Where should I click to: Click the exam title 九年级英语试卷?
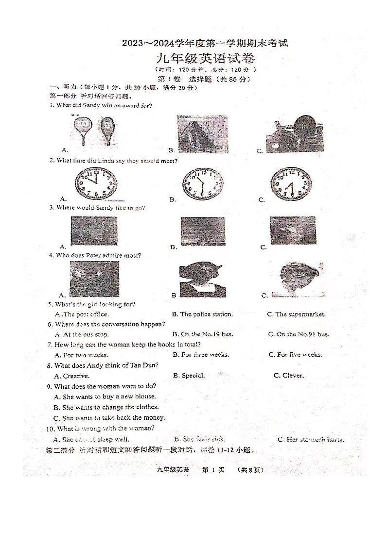[205, 60]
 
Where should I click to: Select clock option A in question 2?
[96, 183]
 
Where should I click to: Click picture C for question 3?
[293, 231]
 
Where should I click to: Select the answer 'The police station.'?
[206, 314]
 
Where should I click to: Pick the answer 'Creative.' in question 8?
[76, 376]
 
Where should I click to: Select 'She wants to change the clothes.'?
[110, 407]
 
